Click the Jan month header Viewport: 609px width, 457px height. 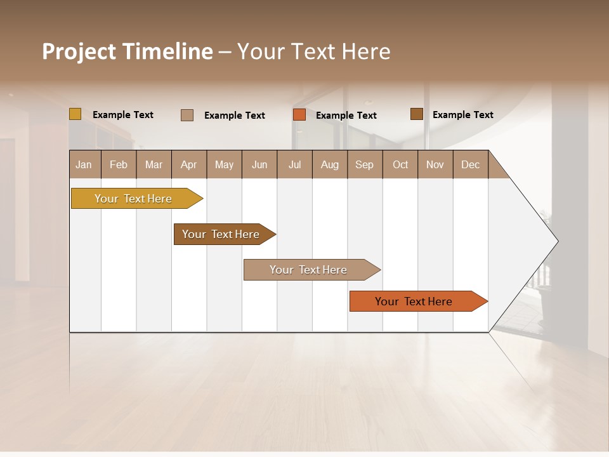84,164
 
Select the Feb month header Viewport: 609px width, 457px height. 119,164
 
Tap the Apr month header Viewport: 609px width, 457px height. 189,164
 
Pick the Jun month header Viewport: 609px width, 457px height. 259,164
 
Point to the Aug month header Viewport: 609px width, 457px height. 330,164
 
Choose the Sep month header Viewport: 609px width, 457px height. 365,164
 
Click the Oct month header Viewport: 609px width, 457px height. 400,164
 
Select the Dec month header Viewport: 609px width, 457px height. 471,164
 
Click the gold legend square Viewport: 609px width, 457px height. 75,114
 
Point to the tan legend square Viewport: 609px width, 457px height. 187,115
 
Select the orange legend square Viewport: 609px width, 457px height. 299,114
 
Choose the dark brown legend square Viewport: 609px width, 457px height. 416,114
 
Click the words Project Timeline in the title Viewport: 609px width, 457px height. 127,51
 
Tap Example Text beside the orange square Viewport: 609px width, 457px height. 346,116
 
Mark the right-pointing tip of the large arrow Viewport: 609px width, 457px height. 556,241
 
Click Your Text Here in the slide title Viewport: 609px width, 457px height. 313,51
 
